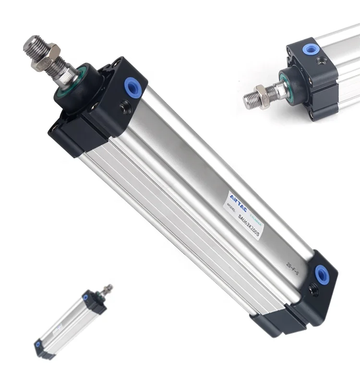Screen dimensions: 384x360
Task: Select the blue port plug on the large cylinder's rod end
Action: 131,86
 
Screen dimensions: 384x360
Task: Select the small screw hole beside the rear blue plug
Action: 313,289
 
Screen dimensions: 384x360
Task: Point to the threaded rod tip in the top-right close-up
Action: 250,100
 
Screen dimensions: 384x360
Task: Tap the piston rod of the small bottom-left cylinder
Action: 106,289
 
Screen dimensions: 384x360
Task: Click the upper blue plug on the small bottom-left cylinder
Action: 86,298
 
